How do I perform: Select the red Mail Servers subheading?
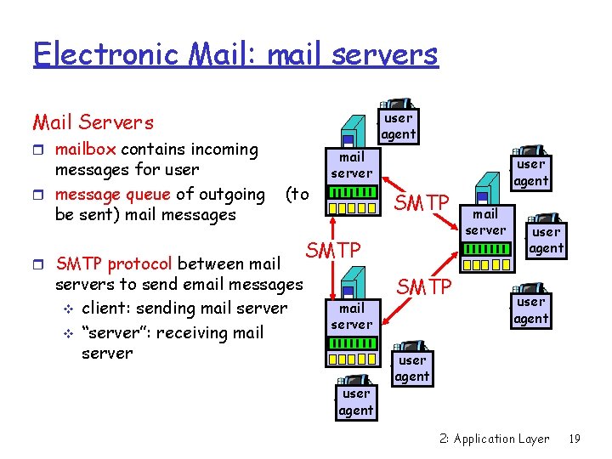(93, 122)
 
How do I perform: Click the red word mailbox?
(86, 150)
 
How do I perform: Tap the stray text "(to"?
(297, 195)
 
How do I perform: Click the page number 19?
(574, 439)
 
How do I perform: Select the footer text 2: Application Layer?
(495, 439)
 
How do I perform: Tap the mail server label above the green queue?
(351, 165)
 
